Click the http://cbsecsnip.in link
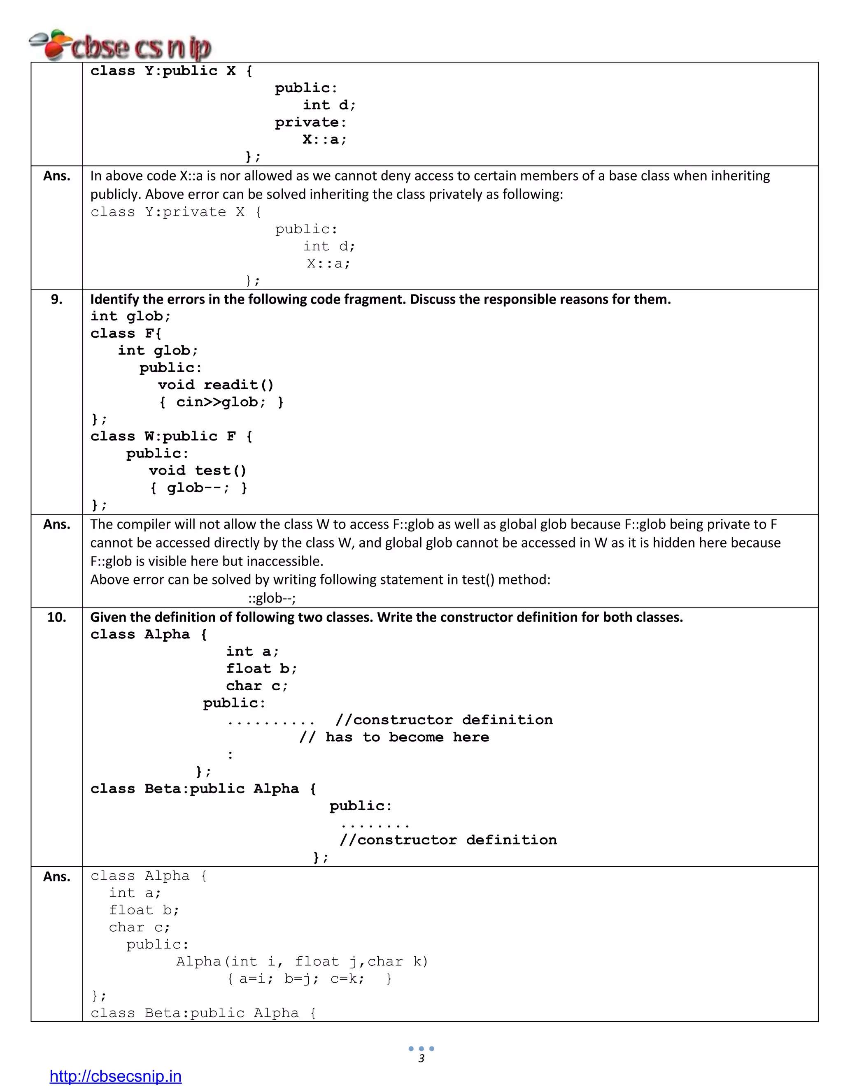tap(115, 1076)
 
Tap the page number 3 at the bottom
tap(421, 1059)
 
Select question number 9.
tap(56, 299)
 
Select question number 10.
tap(56, 617)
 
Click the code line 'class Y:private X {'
tap(175, 212)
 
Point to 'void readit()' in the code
tap(216, 385)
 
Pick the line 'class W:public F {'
tap(171, 437)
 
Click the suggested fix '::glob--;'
tap(272, 598)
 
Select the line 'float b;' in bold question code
tap(261, 669)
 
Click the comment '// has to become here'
tap(394, 737)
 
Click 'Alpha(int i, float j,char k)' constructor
tap(302, 962)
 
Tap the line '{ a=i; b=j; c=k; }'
tap(310, 979)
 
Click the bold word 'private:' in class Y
tap(310, 122)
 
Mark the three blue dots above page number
tap(421, 1048)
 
